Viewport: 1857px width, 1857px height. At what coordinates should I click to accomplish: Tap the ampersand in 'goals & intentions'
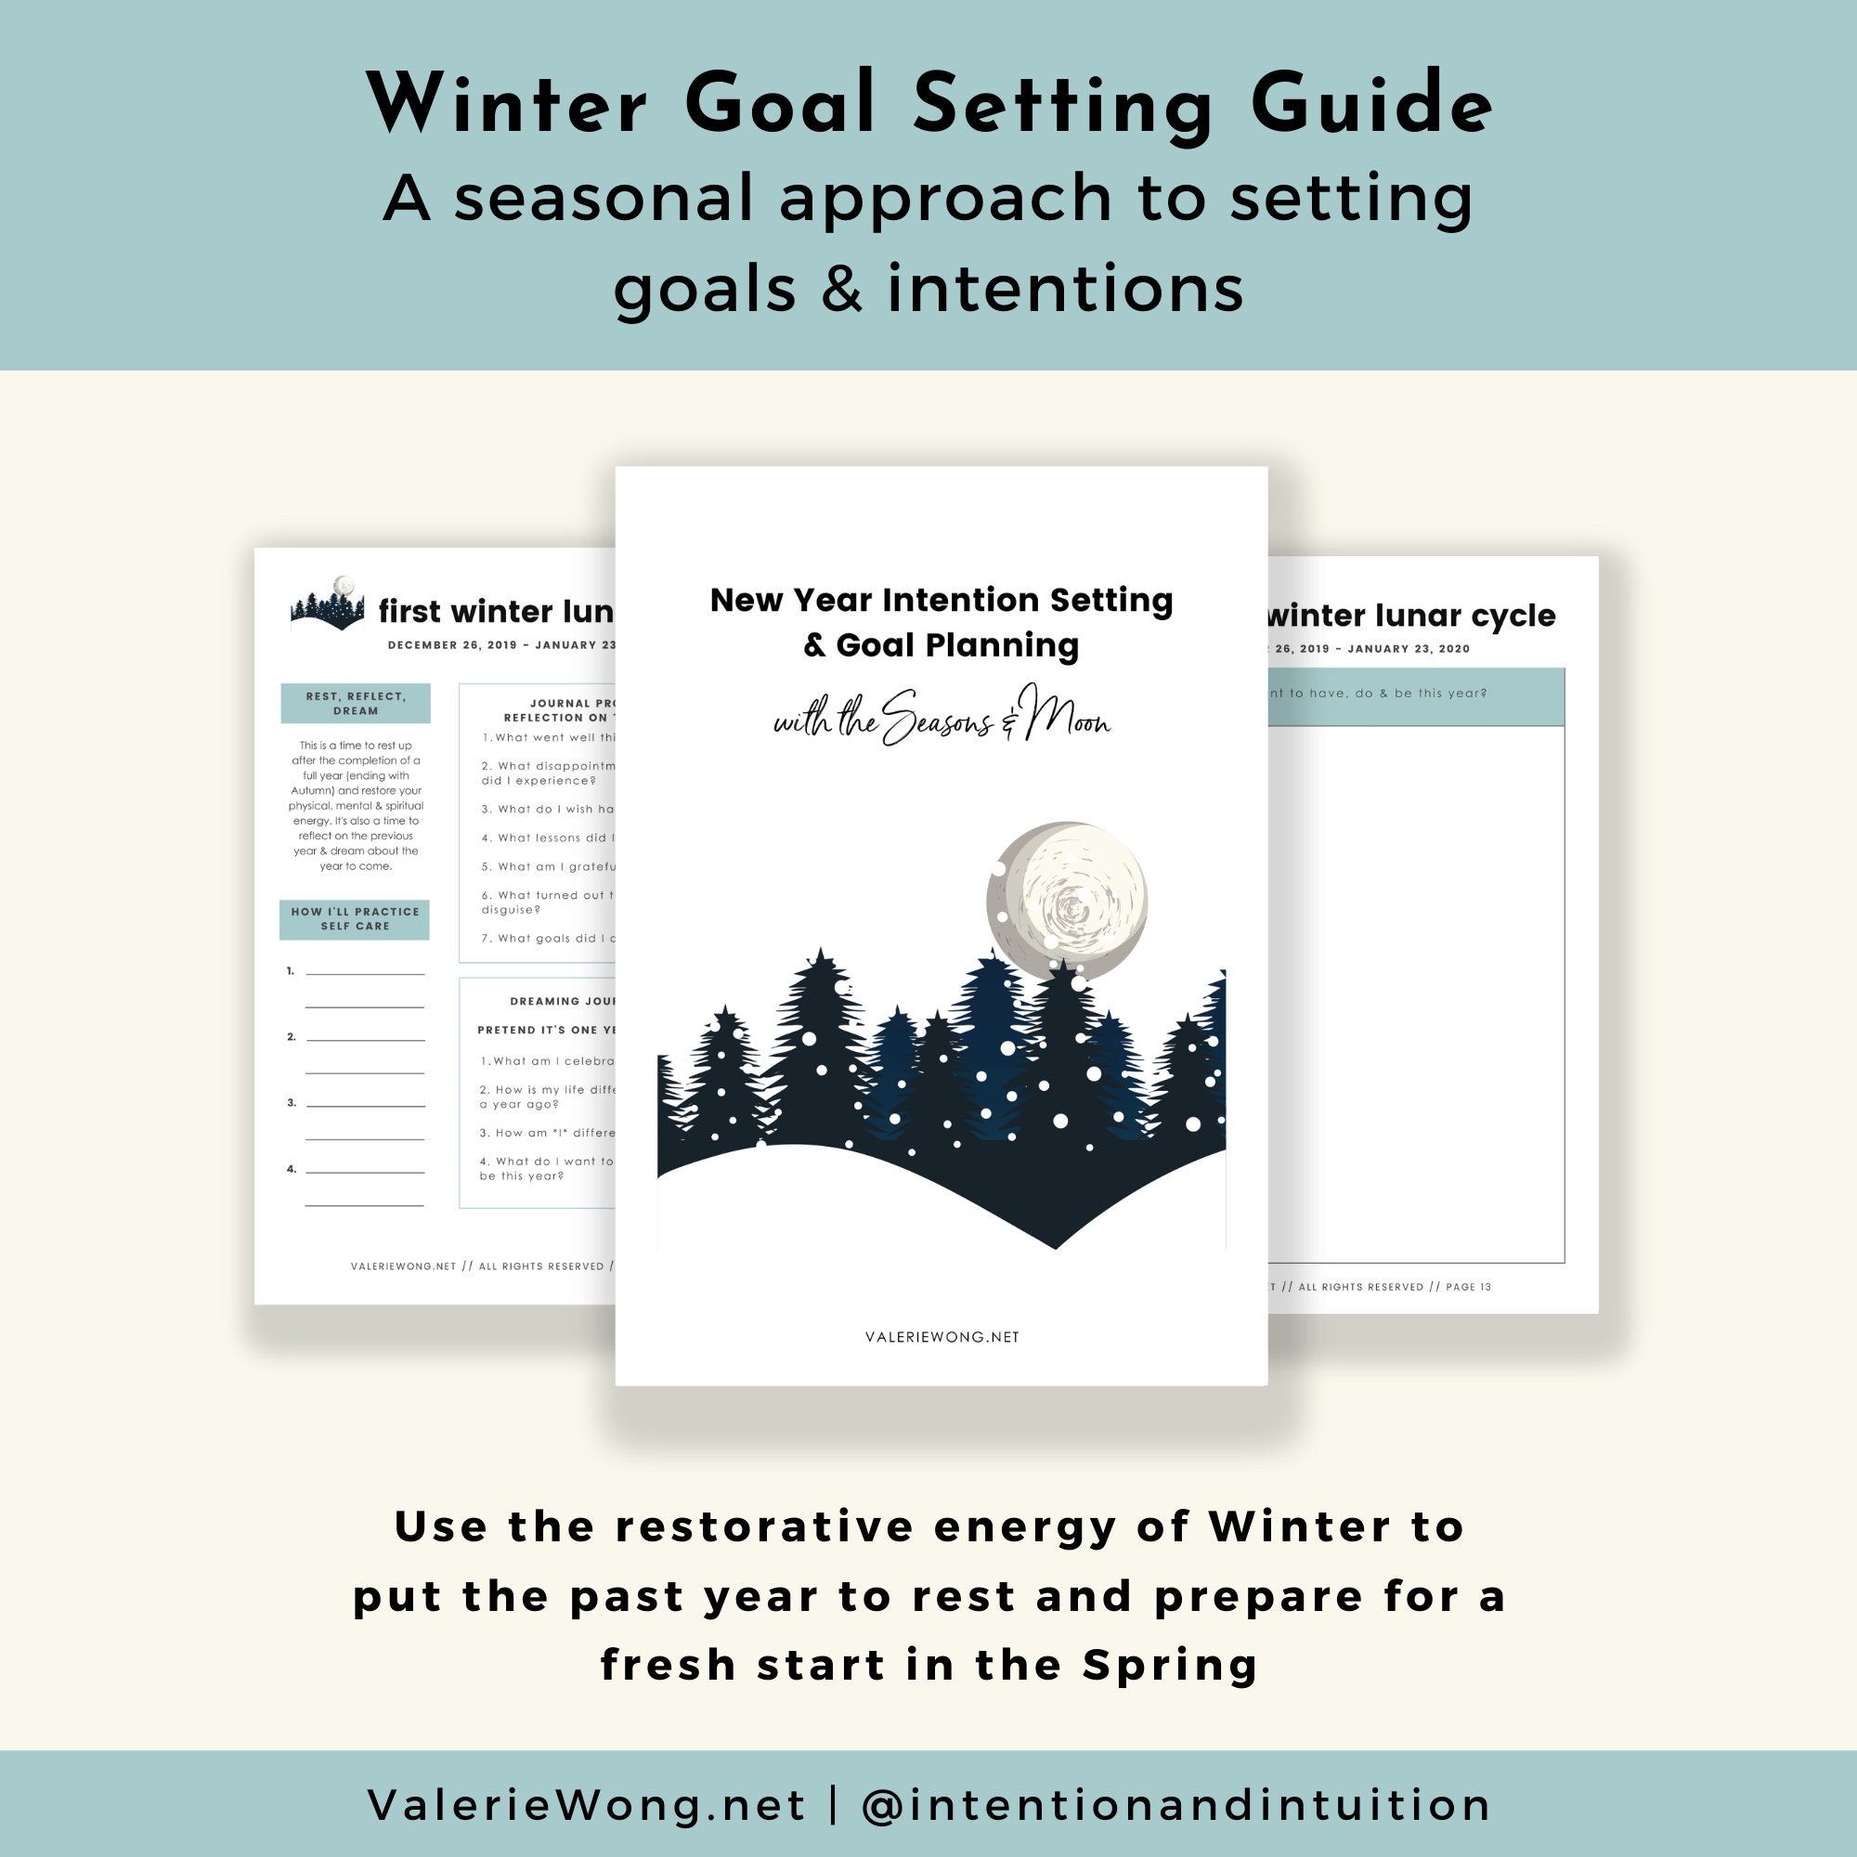click(842, 289)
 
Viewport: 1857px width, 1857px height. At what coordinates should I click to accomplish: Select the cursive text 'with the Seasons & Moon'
click(941, 719)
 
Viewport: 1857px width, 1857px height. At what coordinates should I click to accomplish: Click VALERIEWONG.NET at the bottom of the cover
click(941, 1337)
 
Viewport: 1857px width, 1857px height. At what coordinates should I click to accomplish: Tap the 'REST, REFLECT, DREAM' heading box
click(356, 704)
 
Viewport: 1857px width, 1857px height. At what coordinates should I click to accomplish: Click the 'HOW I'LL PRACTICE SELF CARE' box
click(355, 919)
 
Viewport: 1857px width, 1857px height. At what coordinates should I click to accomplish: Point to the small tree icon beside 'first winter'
click(328, 604)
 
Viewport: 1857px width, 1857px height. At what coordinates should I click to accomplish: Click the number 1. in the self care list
click(291, 971)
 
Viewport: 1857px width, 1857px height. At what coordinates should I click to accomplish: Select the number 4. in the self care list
click(291, 1170)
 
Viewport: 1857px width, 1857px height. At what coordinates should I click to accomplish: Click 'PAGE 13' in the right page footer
click(1468, 1287)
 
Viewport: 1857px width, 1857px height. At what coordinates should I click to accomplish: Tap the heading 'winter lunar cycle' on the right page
click(1410, 616)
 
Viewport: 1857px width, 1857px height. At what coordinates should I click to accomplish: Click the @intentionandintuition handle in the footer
click(1175, 1805)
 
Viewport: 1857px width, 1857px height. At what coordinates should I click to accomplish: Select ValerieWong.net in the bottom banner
click(586, 1805)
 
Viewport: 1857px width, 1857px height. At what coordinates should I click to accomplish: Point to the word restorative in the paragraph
click(764, 1527)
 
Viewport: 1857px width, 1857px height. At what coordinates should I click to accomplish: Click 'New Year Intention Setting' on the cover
click(941, 600)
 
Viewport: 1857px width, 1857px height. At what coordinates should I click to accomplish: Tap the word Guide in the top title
click(1371, 104)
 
